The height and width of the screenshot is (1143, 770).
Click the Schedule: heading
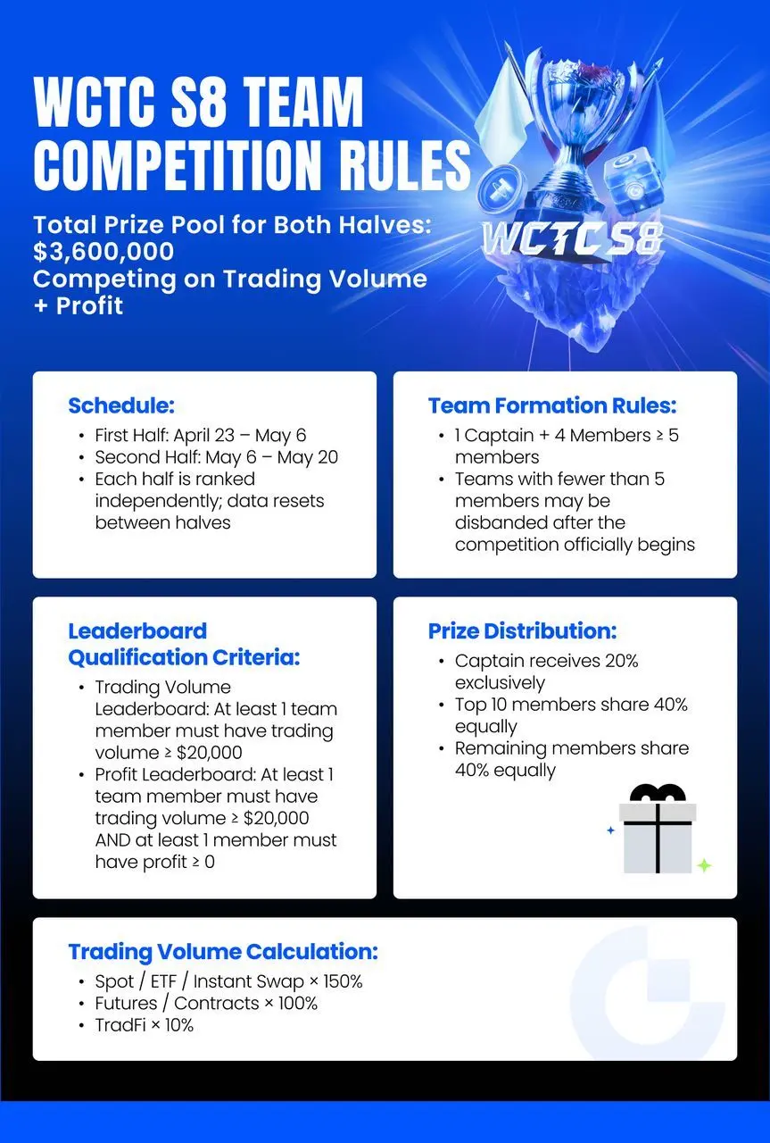[121, 405]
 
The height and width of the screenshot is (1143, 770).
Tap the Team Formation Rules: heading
[552, 405]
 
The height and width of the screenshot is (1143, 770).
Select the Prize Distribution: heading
[522, 631]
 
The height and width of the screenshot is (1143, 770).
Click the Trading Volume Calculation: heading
[223, 951]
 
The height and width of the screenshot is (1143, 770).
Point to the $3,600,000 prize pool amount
[103, 252]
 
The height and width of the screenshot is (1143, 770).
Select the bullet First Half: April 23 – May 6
[200, 436]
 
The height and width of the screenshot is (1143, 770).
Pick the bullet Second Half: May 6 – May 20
[216, 457]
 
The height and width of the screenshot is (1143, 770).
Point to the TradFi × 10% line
[145, 1025]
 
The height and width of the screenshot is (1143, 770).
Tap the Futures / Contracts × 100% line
[206, 1003]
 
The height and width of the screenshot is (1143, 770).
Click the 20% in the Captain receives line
[621, 662]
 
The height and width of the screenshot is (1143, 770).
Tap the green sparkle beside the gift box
[704, 864]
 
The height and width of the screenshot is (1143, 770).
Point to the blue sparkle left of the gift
[611, 830]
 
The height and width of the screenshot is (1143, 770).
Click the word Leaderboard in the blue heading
[137, 631]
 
